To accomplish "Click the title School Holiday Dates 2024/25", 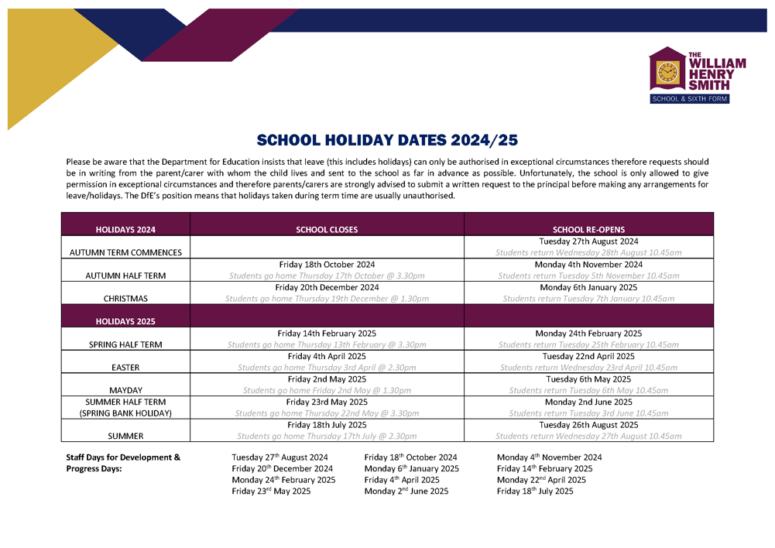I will pos(387,141).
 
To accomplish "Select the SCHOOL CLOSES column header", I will pos(327,230).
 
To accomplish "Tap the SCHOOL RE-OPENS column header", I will pos(588,230).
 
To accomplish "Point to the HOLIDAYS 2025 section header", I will pos(125,320).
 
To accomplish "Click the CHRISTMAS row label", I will pos(125,298).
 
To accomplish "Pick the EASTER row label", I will pos(125,368).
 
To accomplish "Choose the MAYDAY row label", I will pos(125,391).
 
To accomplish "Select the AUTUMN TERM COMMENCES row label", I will pos(125,252).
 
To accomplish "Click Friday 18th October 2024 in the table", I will pos(327,265).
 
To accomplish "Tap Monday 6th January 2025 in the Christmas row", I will pos(588,287).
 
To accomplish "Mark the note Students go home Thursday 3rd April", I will pos(327,368).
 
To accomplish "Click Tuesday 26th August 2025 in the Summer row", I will pos(588,425).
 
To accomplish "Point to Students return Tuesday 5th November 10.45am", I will pos(588,276).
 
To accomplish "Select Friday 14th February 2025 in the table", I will pos(327,334).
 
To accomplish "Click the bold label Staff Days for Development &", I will pos(123,457).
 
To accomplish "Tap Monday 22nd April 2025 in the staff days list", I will pos(541,480).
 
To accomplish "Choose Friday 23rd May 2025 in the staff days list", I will pos(271,491).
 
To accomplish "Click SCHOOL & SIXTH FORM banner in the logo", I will pos(689,99).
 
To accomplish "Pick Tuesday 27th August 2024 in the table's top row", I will pos(588,241).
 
